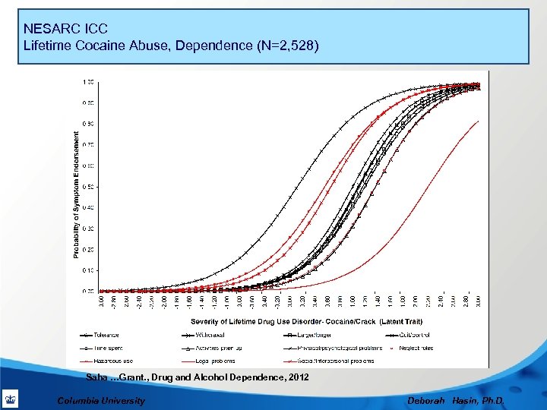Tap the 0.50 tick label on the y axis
tap(88, 187)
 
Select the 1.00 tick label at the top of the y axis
tap(88, 81)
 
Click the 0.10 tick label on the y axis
tap(88, 270)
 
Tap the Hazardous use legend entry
tap(110, 361)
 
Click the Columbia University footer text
tap(101, 401)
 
